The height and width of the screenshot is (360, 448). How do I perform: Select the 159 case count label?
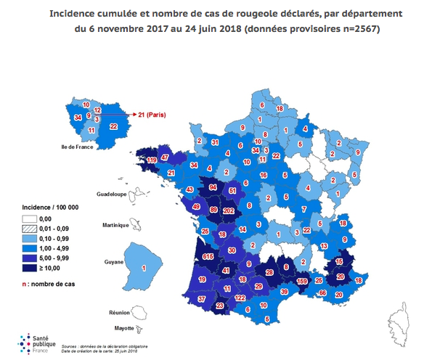pyautogui.click(x=303, y=281)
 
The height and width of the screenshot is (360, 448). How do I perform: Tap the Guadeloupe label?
pyautogui.click(x=111, y=195)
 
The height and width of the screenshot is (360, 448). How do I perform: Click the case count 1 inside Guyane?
pyautogui.click(x=143, y=269)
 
